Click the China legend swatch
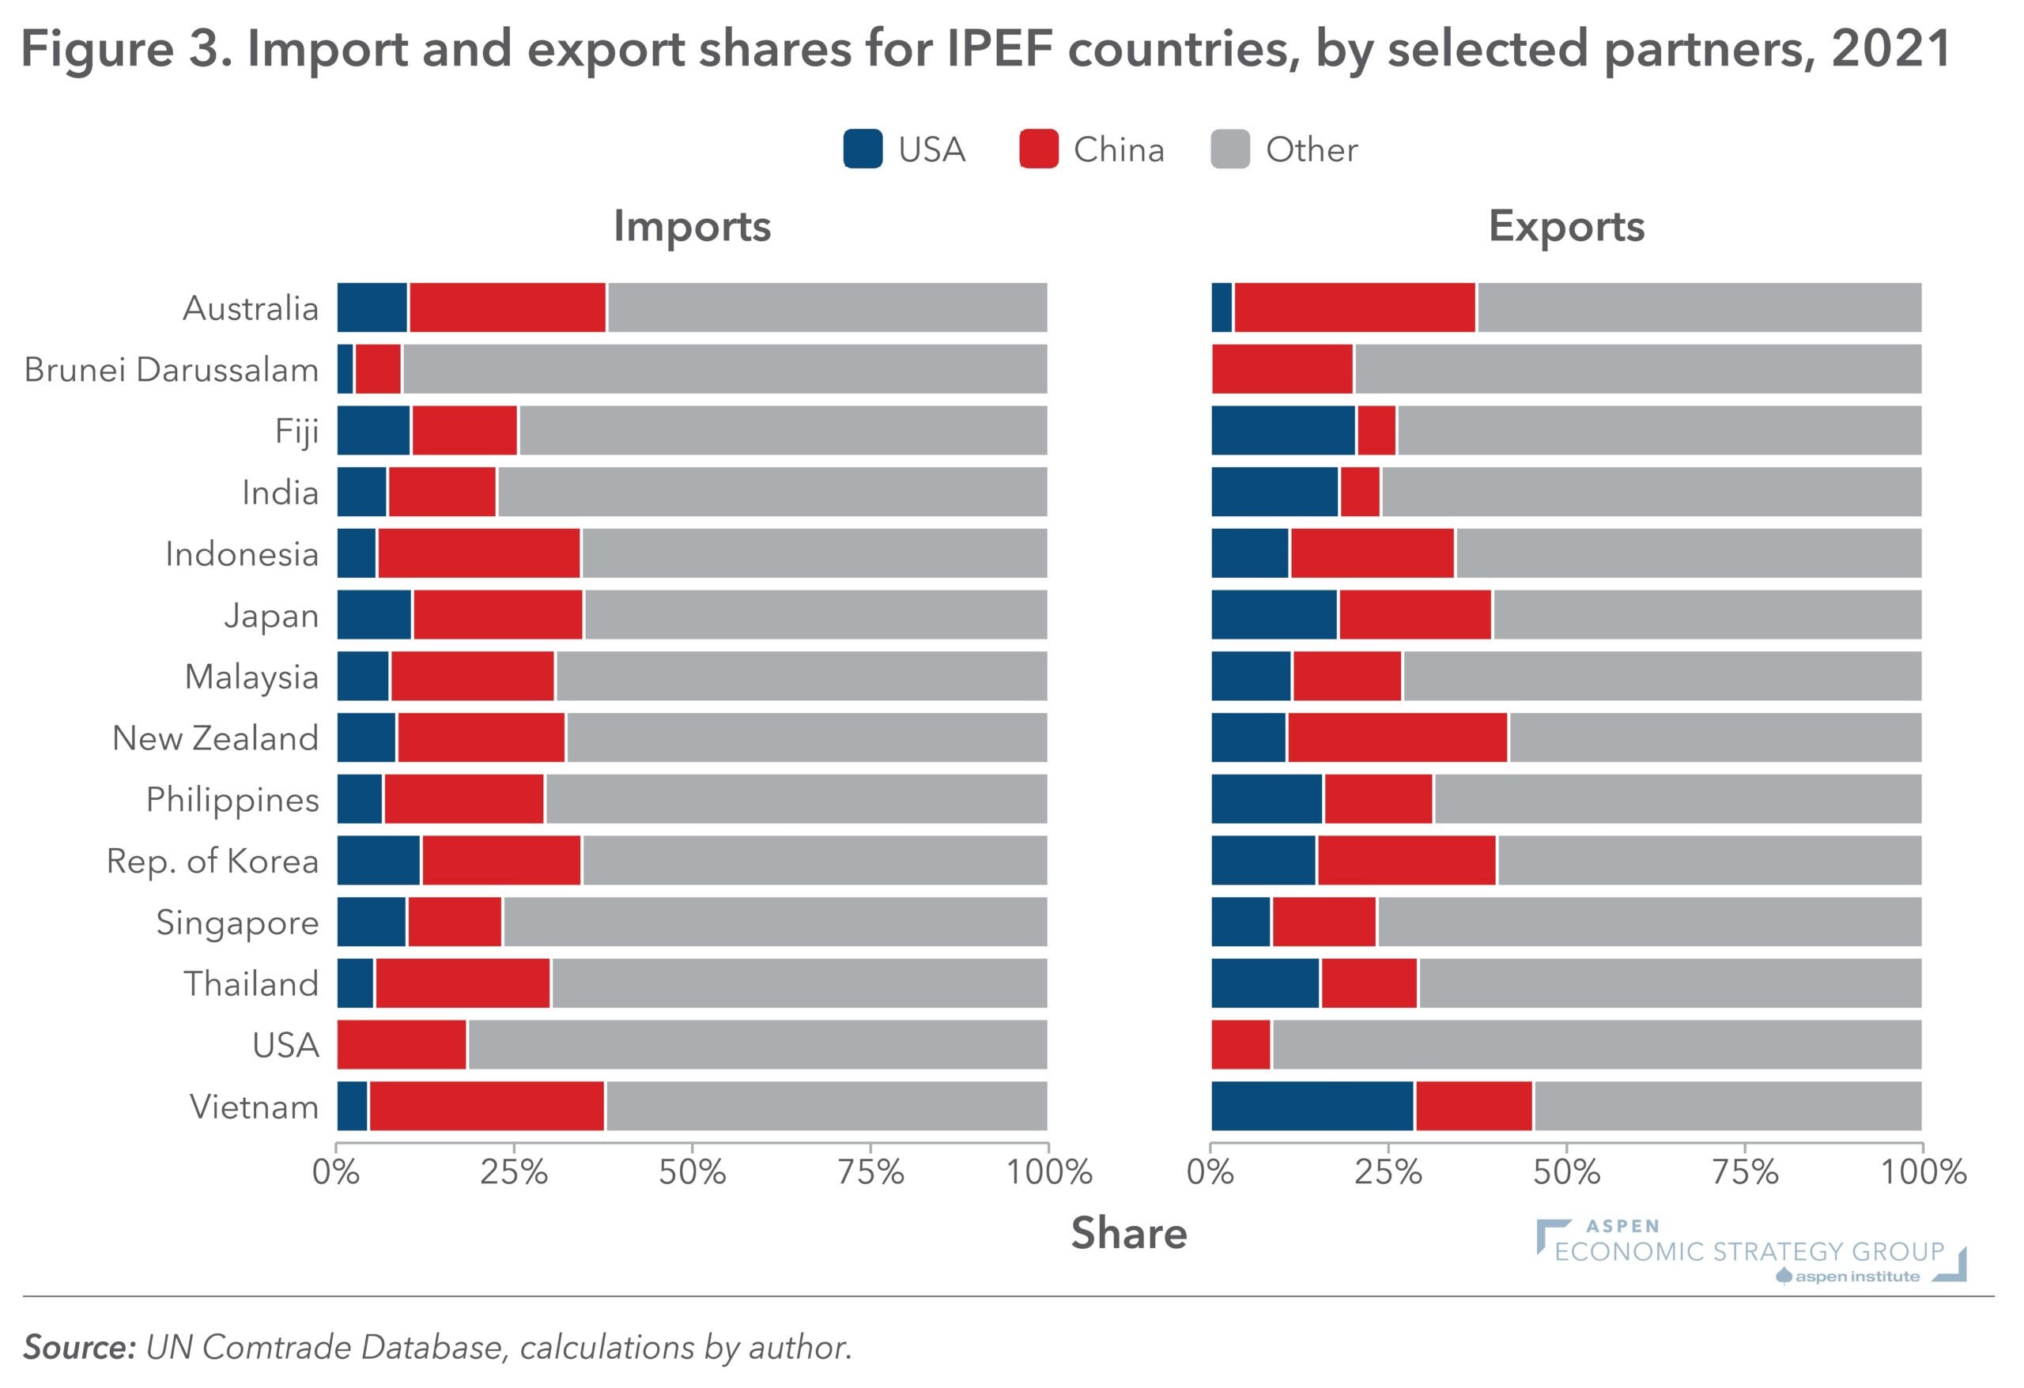pyautogui.click(x=1038, y=149)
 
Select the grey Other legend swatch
pyautogui.click(x=1229, y=149)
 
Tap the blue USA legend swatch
pyautogui.click(x=863, y=149)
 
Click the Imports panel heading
pyautogui.click(x=693, y=226)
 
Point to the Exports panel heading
pyautogui.click(x=1566, y=226)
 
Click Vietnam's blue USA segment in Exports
pyautogui.click(x=1312, y=1106)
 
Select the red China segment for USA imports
pyautogui.click(x=402, y=1044)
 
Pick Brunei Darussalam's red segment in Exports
pyautogui.click(x=1282, y=369)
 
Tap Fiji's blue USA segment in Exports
pyautogui.click(x=1283, y=430)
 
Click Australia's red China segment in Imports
pyautogui.click(x=508, y=307)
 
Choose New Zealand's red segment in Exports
pyautogui.click(x=1397, y=737)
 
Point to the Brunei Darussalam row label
pyautogui.click(x=172, y=370)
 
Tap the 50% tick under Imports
pyautogui.click(x=693, y=1172)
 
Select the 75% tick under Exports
pyautogui.click(x=1744, y=1172)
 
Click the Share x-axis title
pyautogui.click(x=1129, y=1233)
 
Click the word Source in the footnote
pyautogui.click(x=79, y=1347)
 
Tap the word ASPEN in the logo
pyautogui.click(x=1622, y=1226)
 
